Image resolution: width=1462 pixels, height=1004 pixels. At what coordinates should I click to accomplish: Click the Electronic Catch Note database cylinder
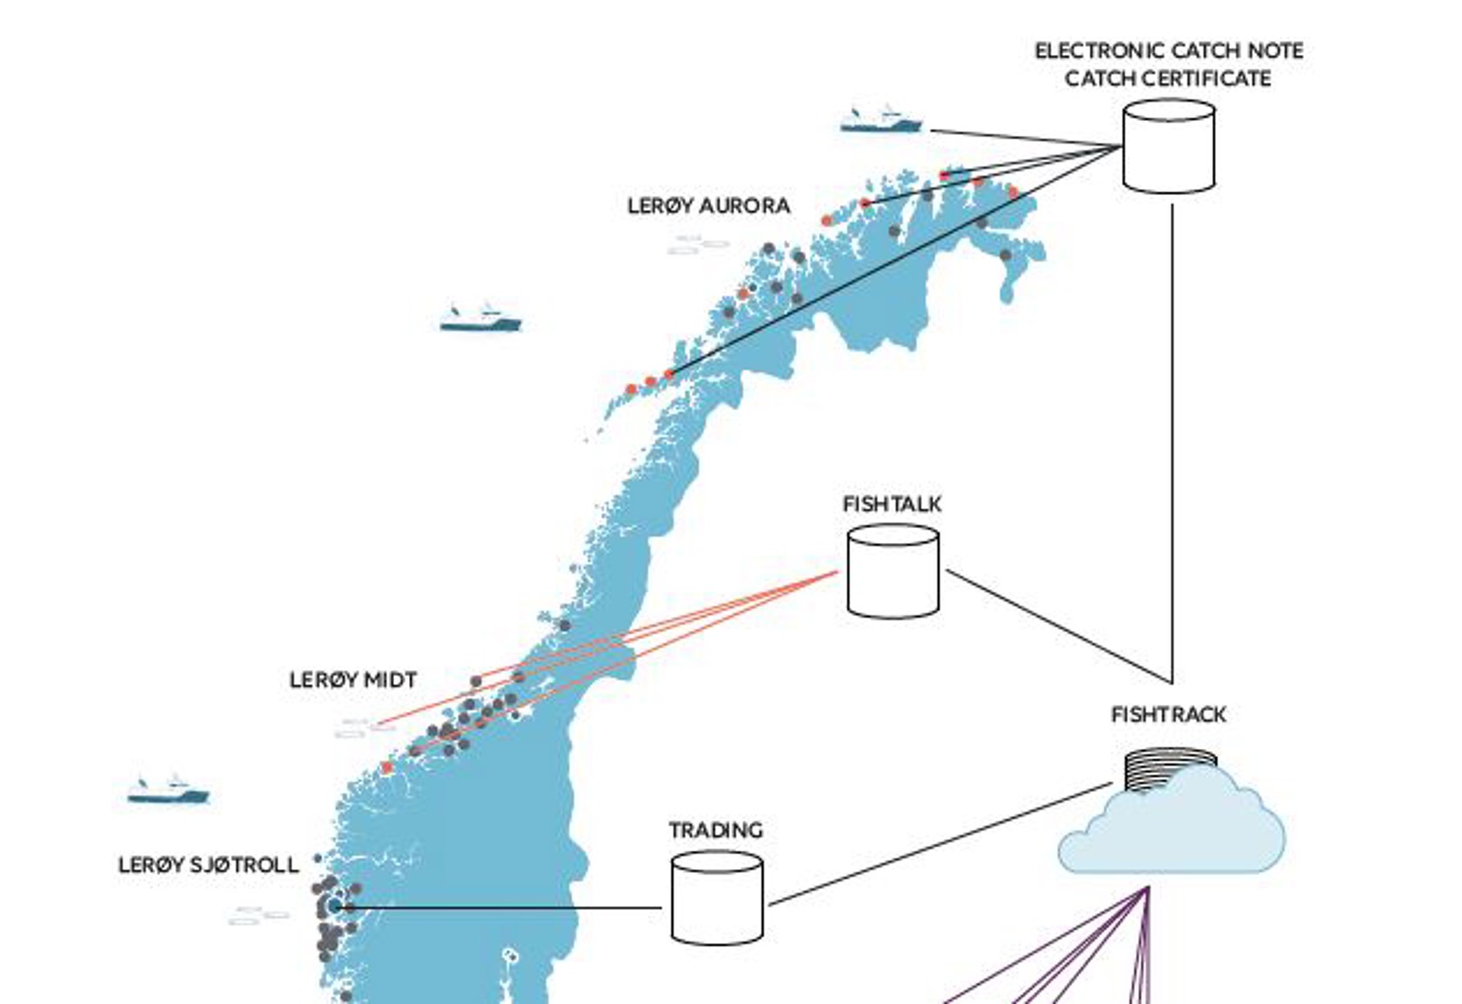tap(1168, 146)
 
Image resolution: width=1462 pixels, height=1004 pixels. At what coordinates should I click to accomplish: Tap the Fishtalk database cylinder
tap(893, 572)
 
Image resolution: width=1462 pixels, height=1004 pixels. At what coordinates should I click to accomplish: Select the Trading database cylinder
tap(717, 898)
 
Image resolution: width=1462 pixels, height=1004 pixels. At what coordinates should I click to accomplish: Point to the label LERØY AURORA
tap(708, 206)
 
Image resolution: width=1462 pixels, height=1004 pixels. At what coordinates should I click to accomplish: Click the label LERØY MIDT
tap(353, 679)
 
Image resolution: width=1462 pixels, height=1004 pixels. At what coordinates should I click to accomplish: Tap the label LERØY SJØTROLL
tap(208, 865)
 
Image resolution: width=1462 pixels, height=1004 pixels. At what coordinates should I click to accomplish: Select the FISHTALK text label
tap(892, 504)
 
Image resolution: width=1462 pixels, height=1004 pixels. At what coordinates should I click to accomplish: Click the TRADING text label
tap(715, 830)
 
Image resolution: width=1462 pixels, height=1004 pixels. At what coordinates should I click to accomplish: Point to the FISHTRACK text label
tap(1169, 714)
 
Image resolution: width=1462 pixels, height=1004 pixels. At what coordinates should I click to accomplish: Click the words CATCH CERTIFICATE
tap(1168, 78)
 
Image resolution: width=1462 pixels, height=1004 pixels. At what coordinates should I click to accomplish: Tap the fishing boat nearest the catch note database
tap(881, 120)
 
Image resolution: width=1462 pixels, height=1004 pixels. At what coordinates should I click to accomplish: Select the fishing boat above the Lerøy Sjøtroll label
tap(168, 789)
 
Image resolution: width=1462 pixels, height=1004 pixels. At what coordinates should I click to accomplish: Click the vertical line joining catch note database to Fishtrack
tap(1171, 435)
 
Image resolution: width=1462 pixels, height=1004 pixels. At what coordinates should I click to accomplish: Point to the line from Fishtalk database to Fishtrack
tap(1057, 626)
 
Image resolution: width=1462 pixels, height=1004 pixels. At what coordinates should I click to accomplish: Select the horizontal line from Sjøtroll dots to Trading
tap(505, 907)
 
